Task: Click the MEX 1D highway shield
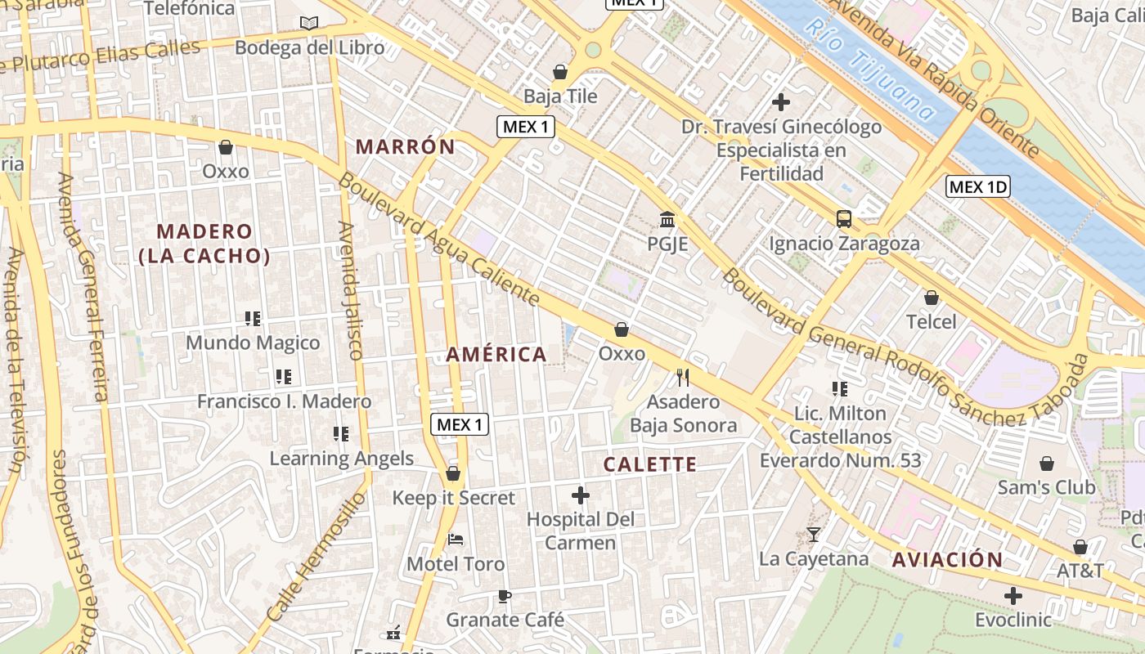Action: point(978,186)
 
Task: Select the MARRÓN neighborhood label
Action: point(405,147)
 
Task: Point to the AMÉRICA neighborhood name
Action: point(496,355)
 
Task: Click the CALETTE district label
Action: point(650,465)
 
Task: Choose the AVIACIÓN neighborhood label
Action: point(947,560)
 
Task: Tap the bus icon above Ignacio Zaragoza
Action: point(844,218)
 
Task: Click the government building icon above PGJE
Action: point(667,219)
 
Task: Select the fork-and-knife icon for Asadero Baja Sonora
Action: point(683,377)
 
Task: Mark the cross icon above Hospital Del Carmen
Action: point(580,495)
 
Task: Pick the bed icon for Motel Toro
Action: point(456,540)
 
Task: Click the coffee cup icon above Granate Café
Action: point(505,596)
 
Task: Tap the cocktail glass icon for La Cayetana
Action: point(813,535)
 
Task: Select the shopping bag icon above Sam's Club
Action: point(1046,464)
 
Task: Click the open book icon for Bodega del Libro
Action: point(308,23)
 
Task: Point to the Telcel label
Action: point(931,322)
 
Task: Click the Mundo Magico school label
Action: point(253,343)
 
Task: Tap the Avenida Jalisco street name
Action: point(350,290)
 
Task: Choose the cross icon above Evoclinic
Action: point(1013,596)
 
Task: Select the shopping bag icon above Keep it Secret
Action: point(453,473)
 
